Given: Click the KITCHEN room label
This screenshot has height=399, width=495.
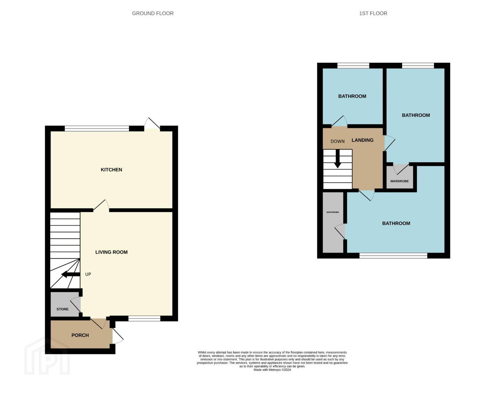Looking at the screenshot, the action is coord(111,170).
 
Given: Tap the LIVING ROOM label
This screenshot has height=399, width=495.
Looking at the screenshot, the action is coord(111,252).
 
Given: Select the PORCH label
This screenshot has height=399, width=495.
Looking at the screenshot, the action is coord(80,335).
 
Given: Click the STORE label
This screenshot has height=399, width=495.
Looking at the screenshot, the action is coord(62,309).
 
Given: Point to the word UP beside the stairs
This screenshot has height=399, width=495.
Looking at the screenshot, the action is coord(88,274).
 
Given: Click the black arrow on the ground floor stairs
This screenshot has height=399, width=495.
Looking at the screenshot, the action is coord(71,274).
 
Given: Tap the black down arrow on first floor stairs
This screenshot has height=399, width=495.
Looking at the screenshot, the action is coord(338,159).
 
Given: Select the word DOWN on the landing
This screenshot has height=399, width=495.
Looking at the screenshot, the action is coord(338,141).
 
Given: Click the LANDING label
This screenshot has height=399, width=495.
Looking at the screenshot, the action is coord(363,140).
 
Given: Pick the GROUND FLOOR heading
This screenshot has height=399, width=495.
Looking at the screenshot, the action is coord(153,13).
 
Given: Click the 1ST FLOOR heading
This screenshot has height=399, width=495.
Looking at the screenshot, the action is coord(373,13).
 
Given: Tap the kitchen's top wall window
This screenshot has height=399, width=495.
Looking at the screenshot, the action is coord(97,128).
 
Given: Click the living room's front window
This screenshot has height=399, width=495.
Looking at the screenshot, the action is coord(144,318).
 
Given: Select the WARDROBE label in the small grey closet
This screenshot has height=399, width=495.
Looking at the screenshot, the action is coord(400,181).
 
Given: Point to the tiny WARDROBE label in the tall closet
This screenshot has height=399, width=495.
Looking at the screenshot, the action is coord(333,212).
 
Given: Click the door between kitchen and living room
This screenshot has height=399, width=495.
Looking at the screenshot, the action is coord(101,205).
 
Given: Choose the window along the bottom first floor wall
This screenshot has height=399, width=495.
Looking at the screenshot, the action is coord(393,256).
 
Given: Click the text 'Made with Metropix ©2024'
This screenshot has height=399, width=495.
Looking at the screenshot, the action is coord(272,370).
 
